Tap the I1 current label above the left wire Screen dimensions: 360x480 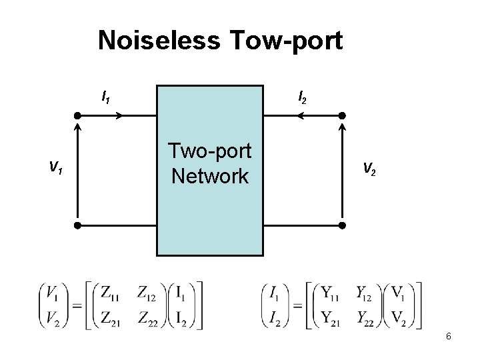click(105, 98)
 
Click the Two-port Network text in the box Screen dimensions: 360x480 click(211, 164)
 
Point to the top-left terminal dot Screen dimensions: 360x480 click(77, 115)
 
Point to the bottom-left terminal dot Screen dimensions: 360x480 click(77, 225)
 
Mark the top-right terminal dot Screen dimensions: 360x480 click(343, 115)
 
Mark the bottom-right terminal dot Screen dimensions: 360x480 click(343, 225)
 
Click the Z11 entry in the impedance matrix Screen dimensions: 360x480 click(111, 291)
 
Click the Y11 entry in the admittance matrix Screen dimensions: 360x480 click(331, 291)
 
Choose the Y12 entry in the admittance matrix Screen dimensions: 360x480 click(368, 291)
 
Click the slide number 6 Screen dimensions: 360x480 click(449, 337)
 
